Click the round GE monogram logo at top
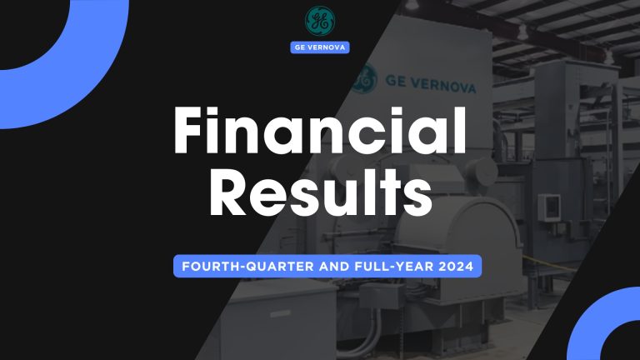pyautogui.click(x=319, y=21)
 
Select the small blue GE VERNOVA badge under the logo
pyautogui.click(x=319, y=47)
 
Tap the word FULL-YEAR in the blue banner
pyautogui.click(x=374, y=268)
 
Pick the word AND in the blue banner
pyautogui.click(x=315, y=268)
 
